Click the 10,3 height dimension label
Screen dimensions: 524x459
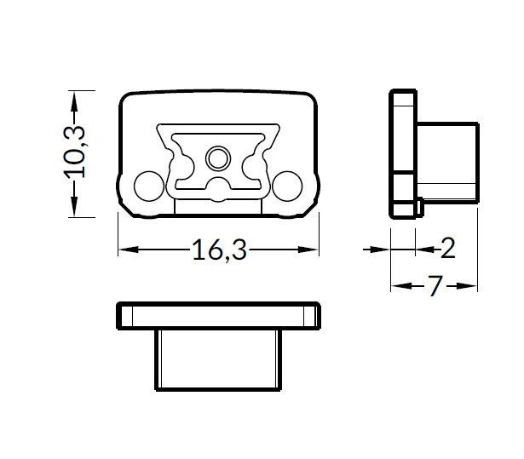point(74,152)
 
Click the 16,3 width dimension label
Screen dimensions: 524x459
point(220,250)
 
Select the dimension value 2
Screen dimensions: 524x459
point(448,248)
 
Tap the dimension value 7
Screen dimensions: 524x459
point(435,285)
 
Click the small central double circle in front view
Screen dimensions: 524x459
point(218,158)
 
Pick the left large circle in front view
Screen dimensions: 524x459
point(149,186)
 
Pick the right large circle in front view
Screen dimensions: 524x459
point(287,186)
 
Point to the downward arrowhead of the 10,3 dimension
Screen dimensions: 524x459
point(74,206)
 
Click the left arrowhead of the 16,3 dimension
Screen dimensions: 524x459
point(129,250)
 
